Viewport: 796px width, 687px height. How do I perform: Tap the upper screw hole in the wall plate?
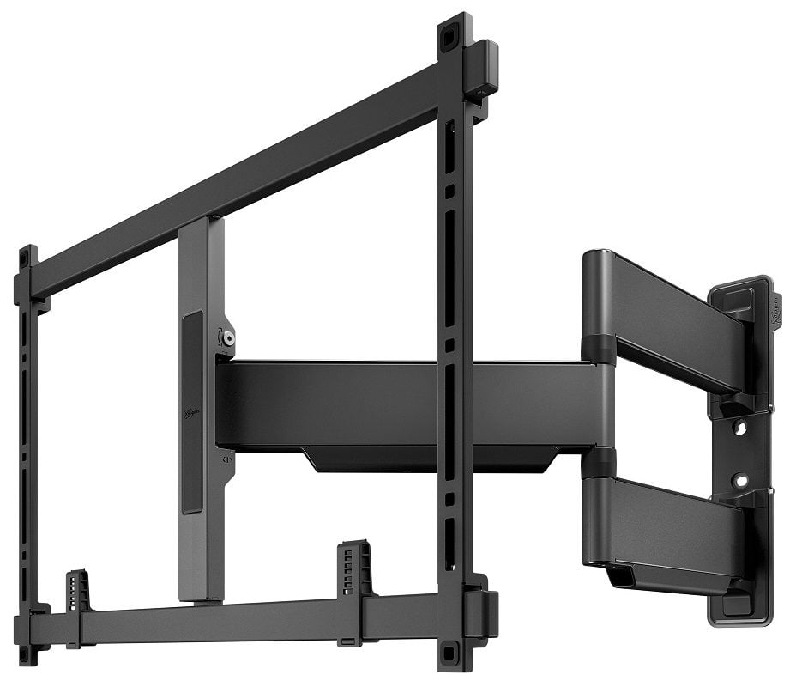pos(739,427)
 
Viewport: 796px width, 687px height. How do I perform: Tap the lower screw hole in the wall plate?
pos(739,480)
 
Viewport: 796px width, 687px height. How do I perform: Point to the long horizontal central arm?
pos(403,404)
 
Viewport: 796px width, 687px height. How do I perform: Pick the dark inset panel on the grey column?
pos(192,412)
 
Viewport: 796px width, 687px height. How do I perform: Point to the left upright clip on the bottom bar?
pos(77,590)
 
